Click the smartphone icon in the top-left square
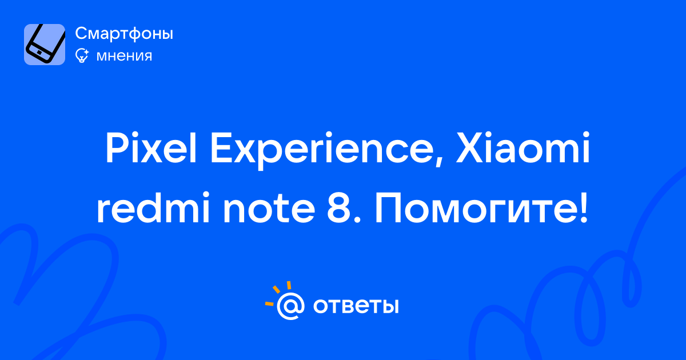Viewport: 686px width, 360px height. (45, 45)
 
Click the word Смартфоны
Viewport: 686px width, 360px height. (124, 34)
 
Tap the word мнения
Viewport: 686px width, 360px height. (125, 56)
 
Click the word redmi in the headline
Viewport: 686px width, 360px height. (153, 207)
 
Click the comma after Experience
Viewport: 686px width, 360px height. (438, 161)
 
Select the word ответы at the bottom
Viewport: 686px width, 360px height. (356, 306)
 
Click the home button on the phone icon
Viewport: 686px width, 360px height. (39, 53)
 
